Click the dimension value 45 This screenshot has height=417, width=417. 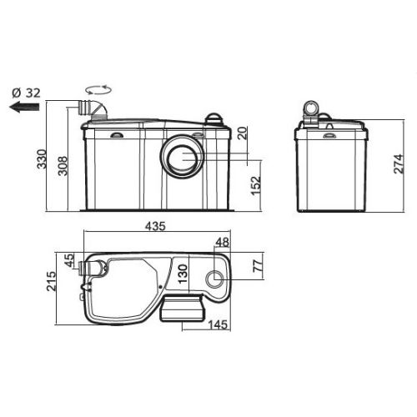pyautogui.click(x=69, y=261)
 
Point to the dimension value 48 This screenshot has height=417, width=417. pyautogui.click(x=223, y=244)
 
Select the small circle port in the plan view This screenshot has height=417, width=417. pyautogui.click(x=215, y=278)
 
